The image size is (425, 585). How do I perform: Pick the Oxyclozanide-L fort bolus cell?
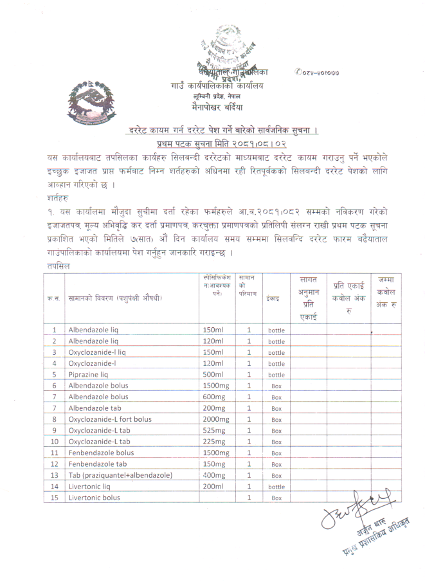point(110,419)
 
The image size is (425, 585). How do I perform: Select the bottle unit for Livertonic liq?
point(276,487)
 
